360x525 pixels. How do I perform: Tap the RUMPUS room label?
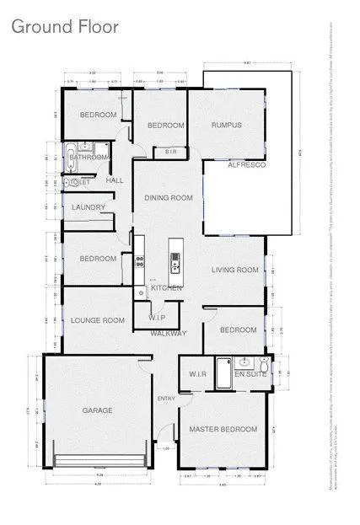(x=226, y=126)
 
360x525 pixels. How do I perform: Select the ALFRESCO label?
(x=247, y=166)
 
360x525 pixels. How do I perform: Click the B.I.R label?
(x=170, y=152)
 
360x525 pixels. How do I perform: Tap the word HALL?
(x=115, y=181)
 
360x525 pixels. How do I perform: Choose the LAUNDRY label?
(x=89, y=207)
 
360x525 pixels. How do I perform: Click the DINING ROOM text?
(x=169, y=198)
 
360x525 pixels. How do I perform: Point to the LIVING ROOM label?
(x=234, y=271)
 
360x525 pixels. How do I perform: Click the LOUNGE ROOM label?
(x=98, y=320)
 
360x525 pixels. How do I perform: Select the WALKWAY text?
(x=168, y=334)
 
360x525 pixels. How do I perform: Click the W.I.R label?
(x=198, y=373)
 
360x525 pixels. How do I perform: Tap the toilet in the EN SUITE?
(x=264, y=365)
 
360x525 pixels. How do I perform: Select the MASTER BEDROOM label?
(x=223, y=430)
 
